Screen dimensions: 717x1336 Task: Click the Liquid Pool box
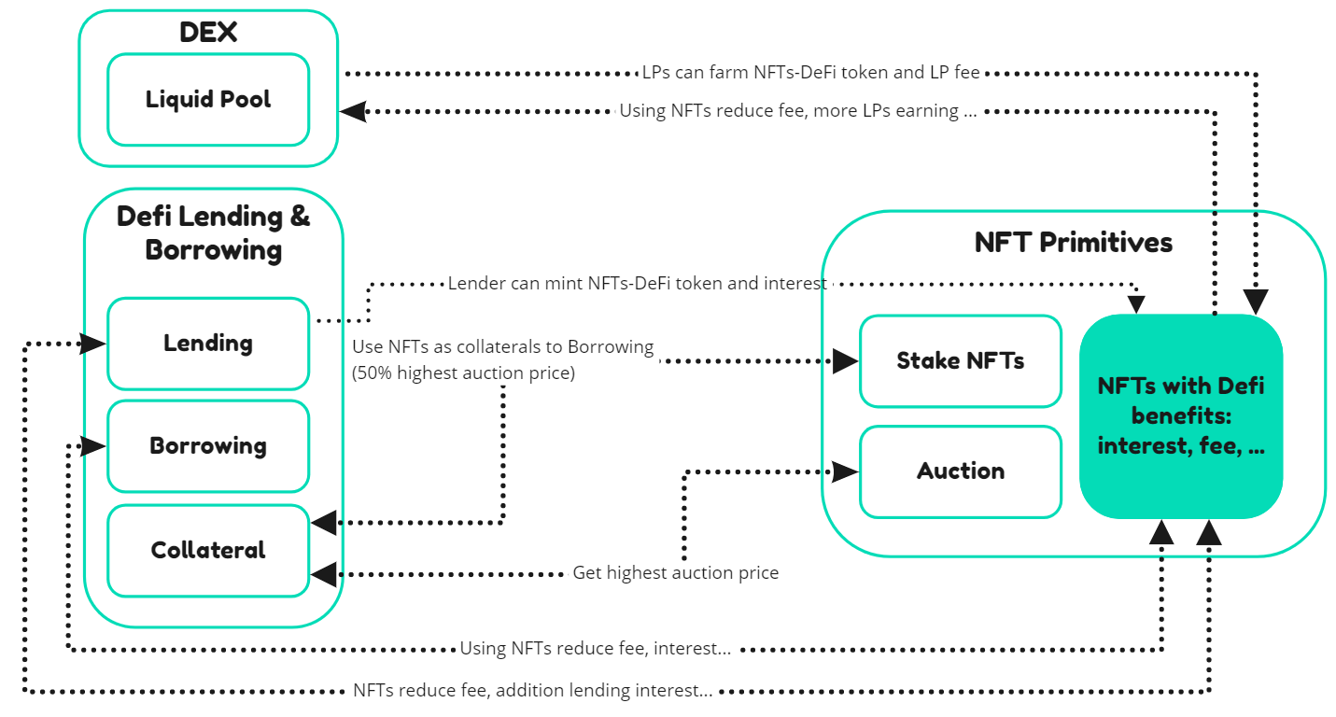(207, 99)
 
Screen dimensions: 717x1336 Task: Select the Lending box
(207, 343)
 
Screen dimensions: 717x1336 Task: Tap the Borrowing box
(207, 445)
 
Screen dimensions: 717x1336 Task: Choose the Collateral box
(207, 550)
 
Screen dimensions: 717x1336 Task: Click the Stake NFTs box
(960, 360)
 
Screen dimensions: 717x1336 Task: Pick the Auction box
(960, 471)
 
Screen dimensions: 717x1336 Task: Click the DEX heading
(207, 33)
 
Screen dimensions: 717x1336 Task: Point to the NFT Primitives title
(1073, 243)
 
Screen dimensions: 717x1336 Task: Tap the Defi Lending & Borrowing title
(213, 232)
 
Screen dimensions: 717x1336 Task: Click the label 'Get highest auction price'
(675, 572)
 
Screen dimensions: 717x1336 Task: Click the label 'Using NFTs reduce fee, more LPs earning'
(798, 111)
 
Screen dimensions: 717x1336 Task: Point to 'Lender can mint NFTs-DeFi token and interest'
(637, 283)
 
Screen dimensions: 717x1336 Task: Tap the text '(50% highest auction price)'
(463, 373)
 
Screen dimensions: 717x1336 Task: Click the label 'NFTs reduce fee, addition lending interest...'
(532, 691)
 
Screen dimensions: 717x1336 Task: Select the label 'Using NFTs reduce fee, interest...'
(596, 648)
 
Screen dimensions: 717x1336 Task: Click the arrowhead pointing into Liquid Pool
(353, 111)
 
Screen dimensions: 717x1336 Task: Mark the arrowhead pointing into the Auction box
(845, 471)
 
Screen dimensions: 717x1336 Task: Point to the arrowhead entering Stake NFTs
(845, 360)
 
